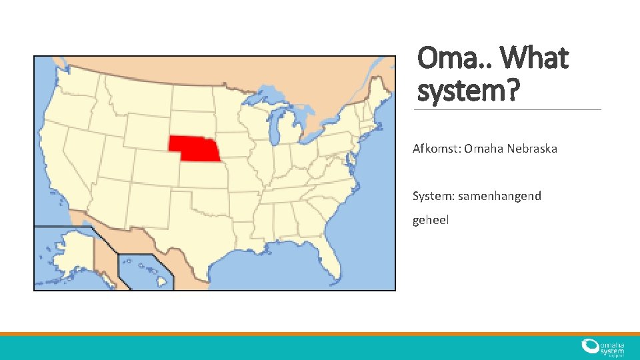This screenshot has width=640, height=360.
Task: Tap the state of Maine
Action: (381, 87)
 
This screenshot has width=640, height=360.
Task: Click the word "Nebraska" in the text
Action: (532, 148)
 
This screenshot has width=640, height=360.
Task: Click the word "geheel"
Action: (431, 219)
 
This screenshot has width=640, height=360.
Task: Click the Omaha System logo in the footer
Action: (603, 347)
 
